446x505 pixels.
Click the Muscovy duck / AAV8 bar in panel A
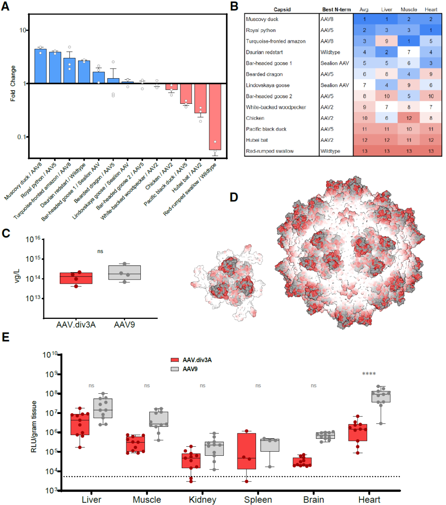[40, 66]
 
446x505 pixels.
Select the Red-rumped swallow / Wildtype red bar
[215, 116]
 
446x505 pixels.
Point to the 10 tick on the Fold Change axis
[22, 30]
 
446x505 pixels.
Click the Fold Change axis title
[13, 84]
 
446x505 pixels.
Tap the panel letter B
[234, 7]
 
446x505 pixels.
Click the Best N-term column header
[336, 10]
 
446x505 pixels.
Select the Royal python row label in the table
[261, 30]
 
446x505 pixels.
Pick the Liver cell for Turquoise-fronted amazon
[387, 41]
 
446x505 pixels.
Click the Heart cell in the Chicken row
[431, 118]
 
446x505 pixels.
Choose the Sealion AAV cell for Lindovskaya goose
[335, 85]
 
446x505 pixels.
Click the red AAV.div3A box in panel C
[76, 278]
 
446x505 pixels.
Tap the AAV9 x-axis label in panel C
[124, 325]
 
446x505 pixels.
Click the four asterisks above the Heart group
[369, 374]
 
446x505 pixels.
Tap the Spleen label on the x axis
[258, 500]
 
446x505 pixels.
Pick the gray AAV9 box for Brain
[325, 436]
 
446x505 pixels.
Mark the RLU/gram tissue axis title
[34, 426]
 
